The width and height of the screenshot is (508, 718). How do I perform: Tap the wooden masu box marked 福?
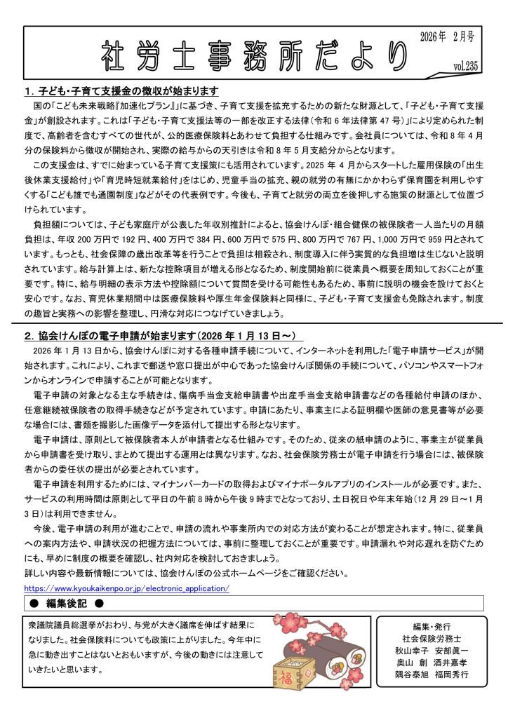pyautogui.click(x=288, y=679)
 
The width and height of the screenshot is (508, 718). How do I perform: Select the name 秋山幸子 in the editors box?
pyautogui.click(x=414, y=651)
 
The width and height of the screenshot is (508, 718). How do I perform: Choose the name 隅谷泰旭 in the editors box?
pyautogui.click(x=414, y=675)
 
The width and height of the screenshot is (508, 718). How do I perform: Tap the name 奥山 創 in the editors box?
pyautogui.click(x=414, y=663)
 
